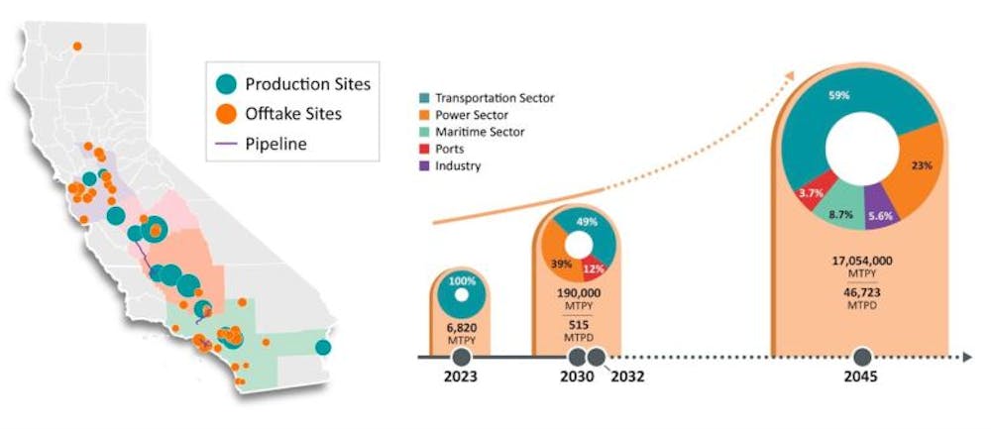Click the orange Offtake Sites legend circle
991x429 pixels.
(227, 114)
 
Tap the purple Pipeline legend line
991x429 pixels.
(227, 144)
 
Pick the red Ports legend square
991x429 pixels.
(423, 149)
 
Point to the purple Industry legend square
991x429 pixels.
(423, 165)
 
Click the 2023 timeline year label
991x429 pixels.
(459, 377)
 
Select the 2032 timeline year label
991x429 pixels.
(623, 377)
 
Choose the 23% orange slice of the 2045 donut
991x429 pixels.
(922, 165)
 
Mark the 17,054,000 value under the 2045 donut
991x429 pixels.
(861, 260)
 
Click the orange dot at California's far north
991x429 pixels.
(76, 45)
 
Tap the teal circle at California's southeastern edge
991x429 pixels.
(323, 347)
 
